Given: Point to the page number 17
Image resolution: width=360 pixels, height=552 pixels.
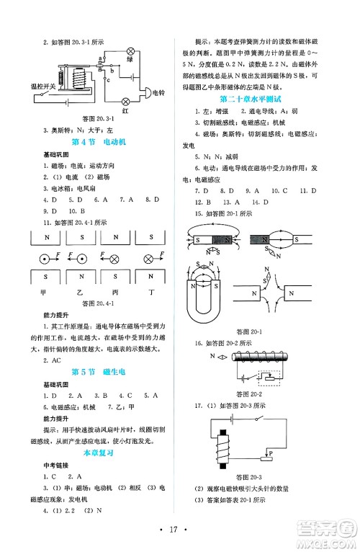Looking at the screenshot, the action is (179, 536).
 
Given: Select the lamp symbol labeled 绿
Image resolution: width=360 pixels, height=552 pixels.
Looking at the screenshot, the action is (131, 52).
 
